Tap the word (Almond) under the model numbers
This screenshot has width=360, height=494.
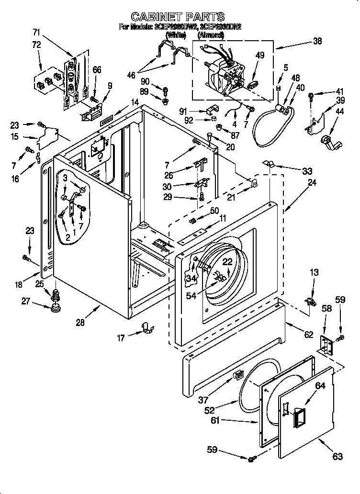click(x=211, y=35)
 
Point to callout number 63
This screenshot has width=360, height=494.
click(x=337, y=456)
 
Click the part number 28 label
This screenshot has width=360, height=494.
click(x=80, y=322)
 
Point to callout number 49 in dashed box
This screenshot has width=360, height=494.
click(x=259, y=56)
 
